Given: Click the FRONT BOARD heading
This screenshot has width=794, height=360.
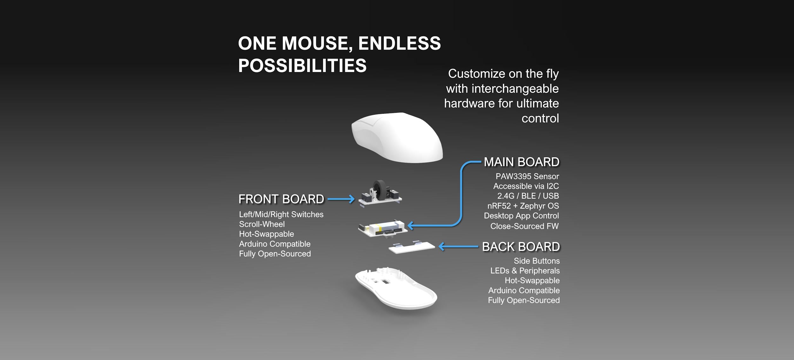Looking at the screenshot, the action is (x=281, y=199).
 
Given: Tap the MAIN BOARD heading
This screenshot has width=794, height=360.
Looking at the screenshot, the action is (x=521, y=162).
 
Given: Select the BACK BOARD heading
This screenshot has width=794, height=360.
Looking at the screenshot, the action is (x=521, y=247).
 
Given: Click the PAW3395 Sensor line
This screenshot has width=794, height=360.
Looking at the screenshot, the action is (x=527, y=176).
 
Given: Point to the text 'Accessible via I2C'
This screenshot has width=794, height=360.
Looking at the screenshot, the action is (x=526, y=186).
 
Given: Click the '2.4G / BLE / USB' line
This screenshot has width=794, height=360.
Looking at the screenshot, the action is (x=528, y=196).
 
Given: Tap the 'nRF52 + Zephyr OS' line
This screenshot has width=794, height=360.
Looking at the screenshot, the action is (x=523, y=206).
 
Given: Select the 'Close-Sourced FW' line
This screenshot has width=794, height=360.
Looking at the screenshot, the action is (x=524, y=226).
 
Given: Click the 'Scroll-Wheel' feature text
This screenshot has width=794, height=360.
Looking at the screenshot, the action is (x=262, y=224).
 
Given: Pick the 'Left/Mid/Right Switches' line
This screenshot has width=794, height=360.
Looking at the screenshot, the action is (x=281, y=214).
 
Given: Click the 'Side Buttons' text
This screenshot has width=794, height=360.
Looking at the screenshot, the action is (x=537, y=261).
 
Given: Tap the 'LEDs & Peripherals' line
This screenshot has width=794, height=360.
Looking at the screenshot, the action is (x=525, y=270).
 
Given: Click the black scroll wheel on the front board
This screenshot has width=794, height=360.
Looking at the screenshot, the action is (x=379, y=190).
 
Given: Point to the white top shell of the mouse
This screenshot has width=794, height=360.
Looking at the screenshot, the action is (x=397, y=137).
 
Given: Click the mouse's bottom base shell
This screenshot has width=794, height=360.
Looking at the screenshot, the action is (x=396, y=288).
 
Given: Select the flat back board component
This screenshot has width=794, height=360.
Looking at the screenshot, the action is (x=412, y=247).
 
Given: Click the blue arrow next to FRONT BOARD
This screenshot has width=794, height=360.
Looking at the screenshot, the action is (x=341, y=199).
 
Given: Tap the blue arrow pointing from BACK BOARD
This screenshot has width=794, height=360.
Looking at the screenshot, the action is (x=458, y=246).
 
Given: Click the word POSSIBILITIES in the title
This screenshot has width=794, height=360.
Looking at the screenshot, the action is (x=302, y=65).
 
